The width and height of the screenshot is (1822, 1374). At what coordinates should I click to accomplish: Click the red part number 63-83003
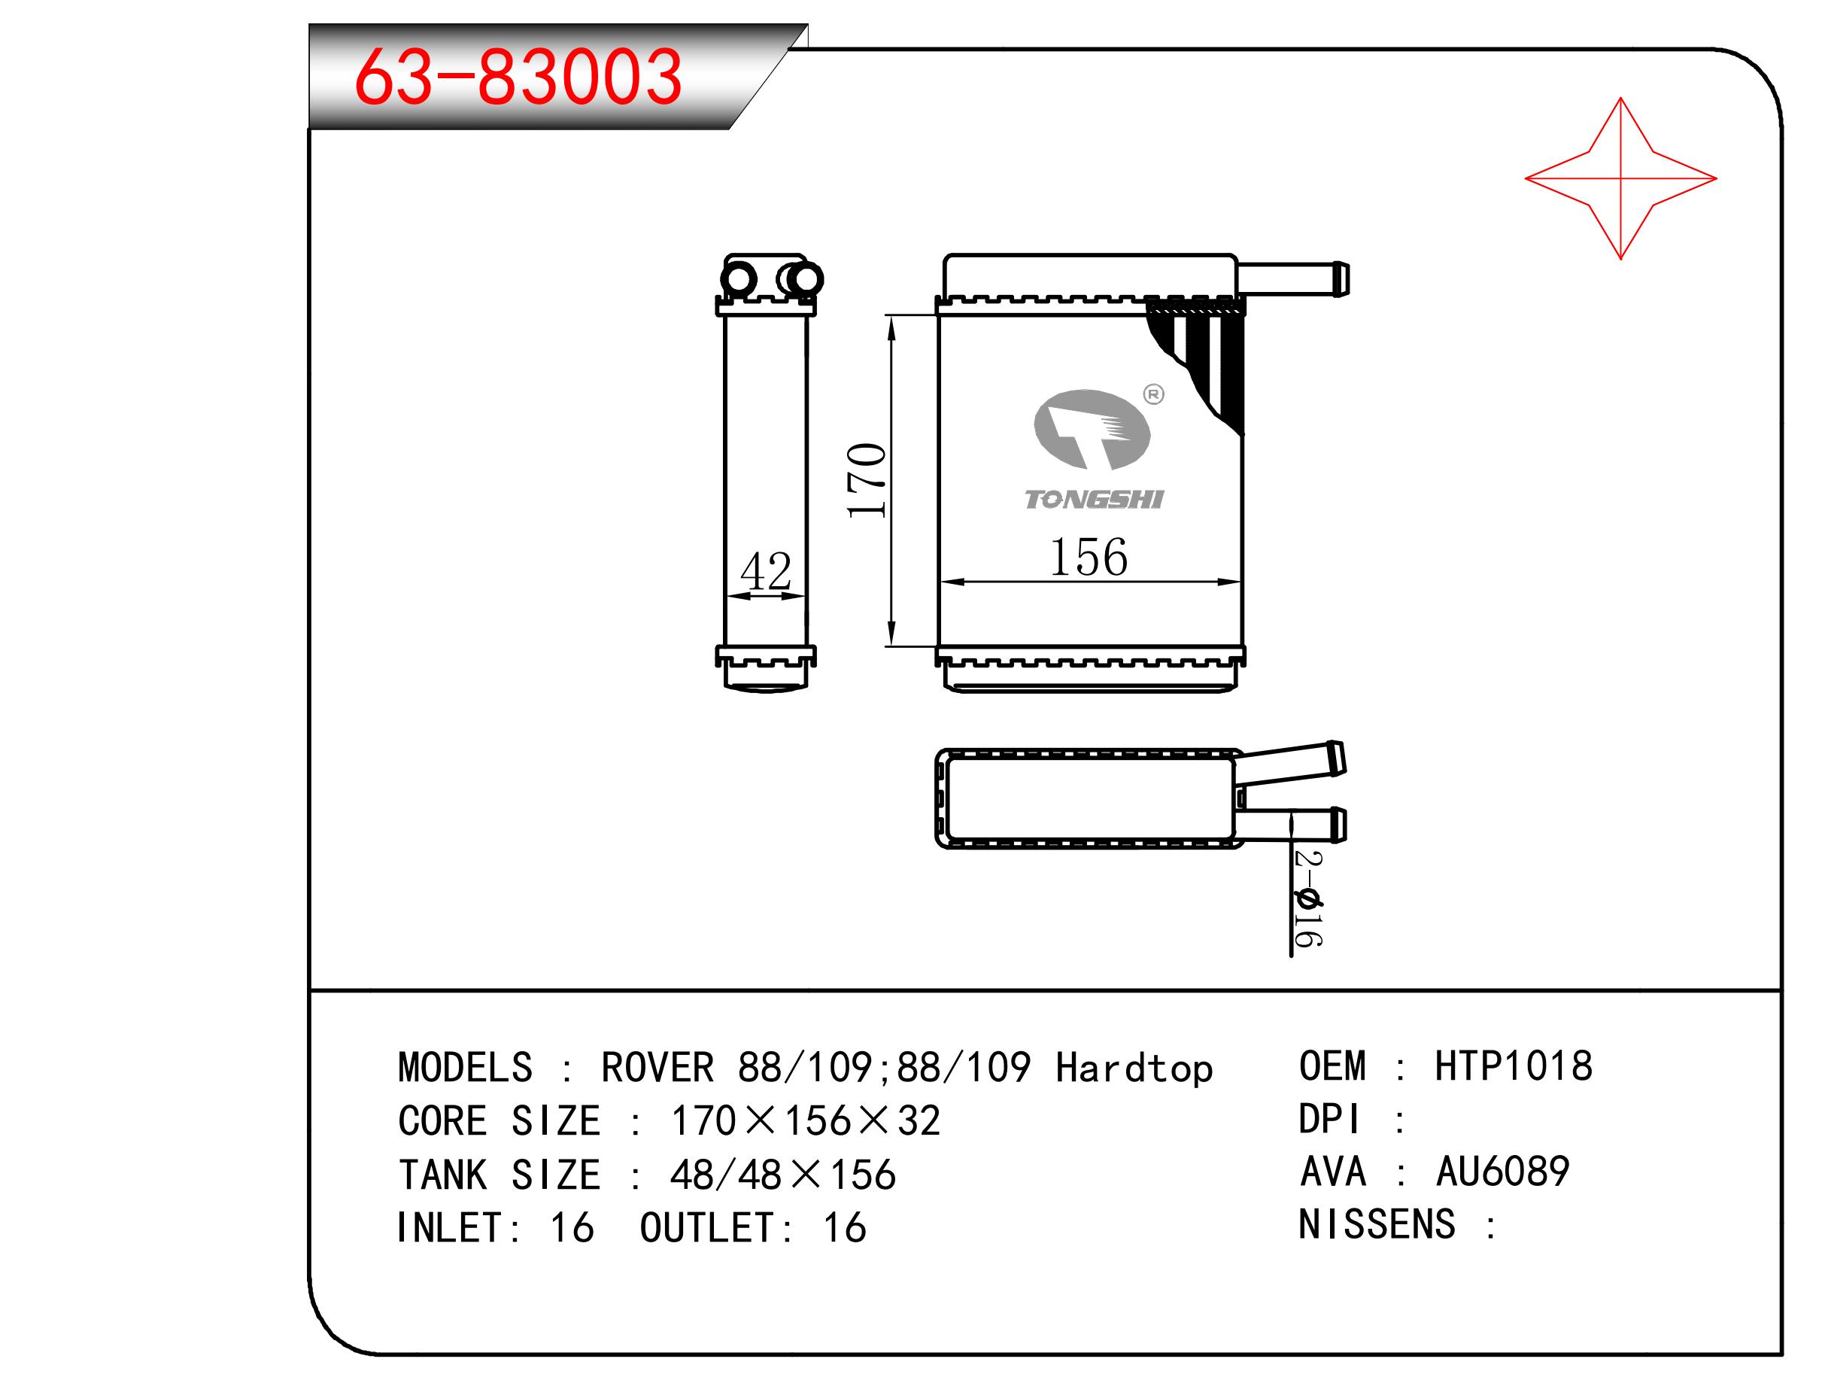[x=518, y=77]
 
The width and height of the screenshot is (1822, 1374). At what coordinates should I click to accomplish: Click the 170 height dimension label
[x=867, y=480]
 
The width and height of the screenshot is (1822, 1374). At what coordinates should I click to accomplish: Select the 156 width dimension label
[x=1088, y=557]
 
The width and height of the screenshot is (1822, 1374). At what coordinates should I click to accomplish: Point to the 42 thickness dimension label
[x=765, y=570]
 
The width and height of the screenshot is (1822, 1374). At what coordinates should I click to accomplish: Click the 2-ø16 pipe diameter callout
[x=1307, y=898]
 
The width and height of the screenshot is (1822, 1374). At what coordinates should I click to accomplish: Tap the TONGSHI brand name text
[x=1094, y=499]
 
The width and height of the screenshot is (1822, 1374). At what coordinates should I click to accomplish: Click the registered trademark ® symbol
[x=1154, y=394]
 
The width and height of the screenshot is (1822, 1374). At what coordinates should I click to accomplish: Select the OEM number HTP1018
[x=1514, y=1066]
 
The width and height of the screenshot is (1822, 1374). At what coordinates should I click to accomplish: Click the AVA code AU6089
[x=1502, y=1172]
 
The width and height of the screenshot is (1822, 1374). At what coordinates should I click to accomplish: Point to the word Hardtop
[x=1134, y=1068]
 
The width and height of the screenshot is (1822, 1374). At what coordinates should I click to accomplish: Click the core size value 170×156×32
[x=806, y=1120]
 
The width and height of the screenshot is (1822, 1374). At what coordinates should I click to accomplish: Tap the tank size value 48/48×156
[x=782, y=1175]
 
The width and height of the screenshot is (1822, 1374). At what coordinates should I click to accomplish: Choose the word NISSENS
[x=1377, y=1224]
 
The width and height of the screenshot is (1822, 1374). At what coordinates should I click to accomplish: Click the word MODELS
[x=466, y=1068]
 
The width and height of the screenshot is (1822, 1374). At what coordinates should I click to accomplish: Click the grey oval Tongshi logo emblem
[x=1092, y=429]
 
